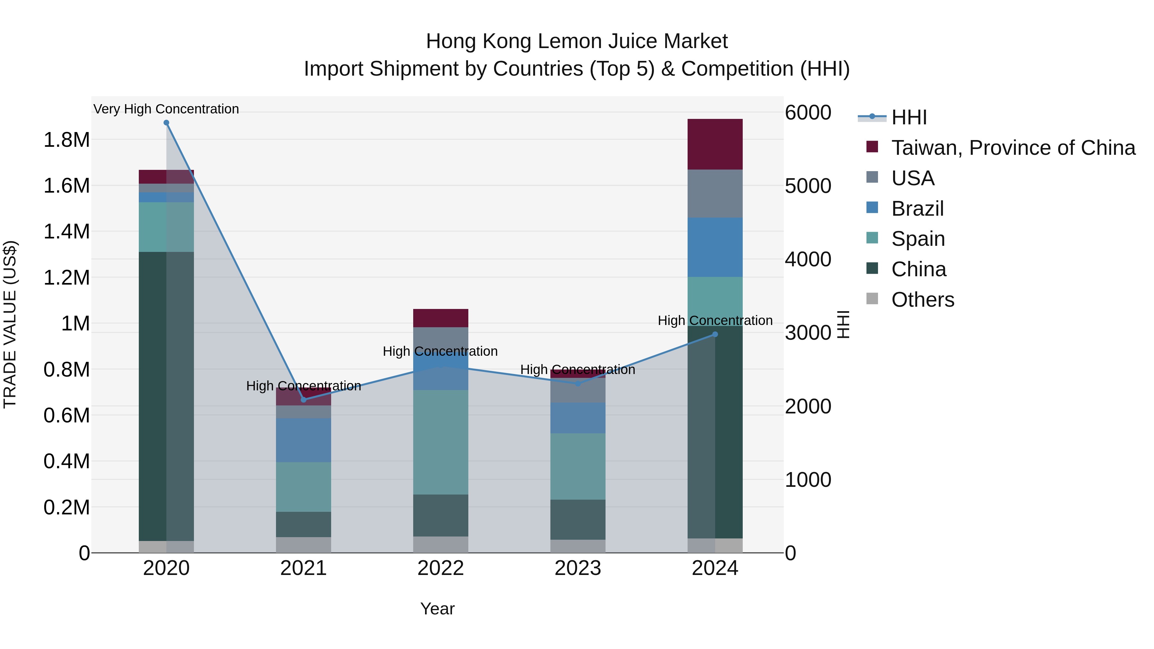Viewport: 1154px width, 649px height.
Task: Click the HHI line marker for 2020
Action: (x=166, y=123)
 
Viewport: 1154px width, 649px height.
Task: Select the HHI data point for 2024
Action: (x=715, y=334)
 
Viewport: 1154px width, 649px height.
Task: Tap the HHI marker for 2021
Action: (x=303, y=400)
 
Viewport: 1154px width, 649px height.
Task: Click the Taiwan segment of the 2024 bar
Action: (x=715, y=144)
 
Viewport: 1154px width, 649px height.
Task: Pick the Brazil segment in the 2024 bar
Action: (x=715, y=247)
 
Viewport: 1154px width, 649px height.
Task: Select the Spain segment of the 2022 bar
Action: (x=440, y=442)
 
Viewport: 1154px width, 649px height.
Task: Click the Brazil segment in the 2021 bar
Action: (x=303, y=440)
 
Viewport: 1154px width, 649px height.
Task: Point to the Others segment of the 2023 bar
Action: (x=578, y=546)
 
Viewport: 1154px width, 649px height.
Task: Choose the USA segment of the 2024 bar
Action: (x=715, y=194)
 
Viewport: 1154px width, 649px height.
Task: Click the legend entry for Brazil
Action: (x=917, y=209)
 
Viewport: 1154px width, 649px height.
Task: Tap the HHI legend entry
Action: (x=908, y=117)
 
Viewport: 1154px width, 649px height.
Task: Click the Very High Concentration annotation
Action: (x=166, y=109)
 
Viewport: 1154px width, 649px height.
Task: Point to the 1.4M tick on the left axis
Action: (x=66, y=232)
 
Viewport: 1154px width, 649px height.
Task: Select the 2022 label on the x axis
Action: (x=440, y=568)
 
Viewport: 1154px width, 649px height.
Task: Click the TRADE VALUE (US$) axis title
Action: (x=10, y=324)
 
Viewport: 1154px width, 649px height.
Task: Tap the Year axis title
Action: (x=437, y=609)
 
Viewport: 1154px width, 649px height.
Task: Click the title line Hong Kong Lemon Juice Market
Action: (x=577, y=41)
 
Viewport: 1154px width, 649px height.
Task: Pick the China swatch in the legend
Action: (x=872, y=269)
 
